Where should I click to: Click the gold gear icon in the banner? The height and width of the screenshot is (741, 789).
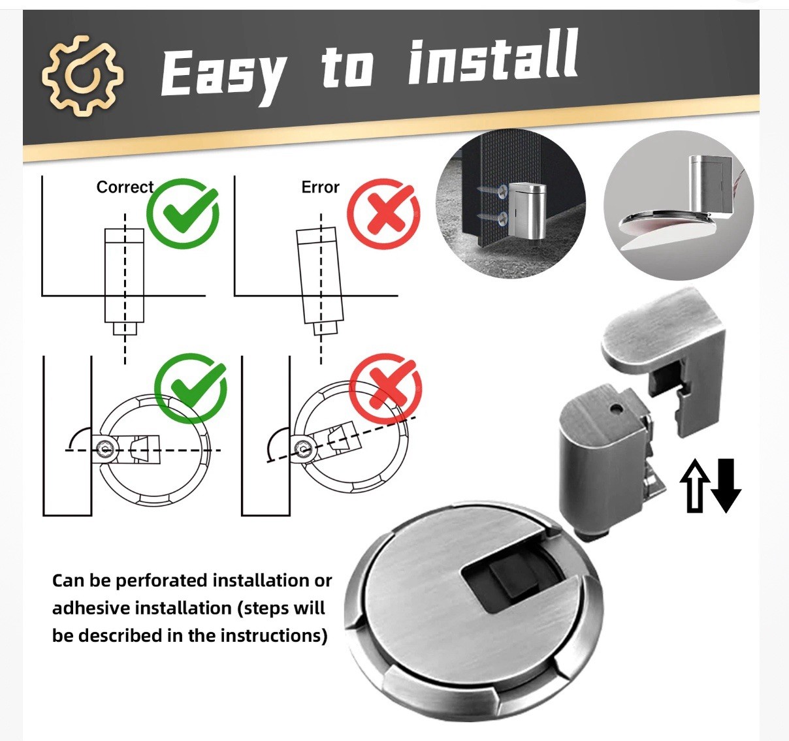pos(83,76)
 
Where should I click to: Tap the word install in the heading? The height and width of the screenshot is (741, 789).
pos(493,59)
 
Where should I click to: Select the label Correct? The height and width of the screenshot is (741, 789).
pos(125,187)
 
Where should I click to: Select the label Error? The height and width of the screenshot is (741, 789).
pos(320,187)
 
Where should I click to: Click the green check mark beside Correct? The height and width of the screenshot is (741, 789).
pos(183,213)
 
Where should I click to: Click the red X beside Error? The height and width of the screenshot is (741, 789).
pos(384,213)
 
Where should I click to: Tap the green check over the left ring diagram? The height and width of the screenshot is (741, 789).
pos(191,388)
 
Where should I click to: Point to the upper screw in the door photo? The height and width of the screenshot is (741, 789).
pos(492,191)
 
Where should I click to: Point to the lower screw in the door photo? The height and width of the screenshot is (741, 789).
pos(492,217)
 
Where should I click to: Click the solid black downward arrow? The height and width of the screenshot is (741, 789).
pos(726,485)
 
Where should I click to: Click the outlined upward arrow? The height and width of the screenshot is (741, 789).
pos(694,485)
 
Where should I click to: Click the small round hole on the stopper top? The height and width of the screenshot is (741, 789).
pos(615,407)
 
